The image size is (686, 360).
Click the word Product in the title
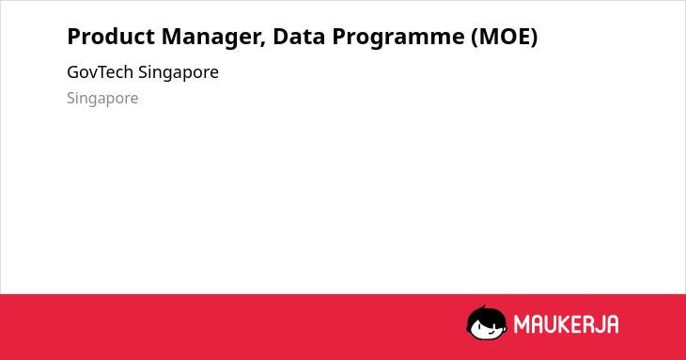111,37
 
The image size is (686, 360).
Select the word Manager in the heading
213,38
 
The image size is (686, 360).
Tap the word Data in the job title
299,37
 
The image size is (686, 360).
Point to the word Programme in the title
398,38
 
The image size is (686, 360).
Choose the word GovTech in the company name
101,72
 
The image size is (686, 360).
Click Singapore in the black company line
179,73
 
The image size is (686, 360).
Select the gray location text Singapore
102,99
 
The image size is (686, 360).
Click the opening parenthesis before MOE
476,38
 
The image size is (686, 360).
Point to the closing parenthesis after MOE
534,38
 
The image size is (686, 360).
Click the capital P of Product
74,37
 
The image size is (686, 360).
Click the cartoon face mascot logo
487,322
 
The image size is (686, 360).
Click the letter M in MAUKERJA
522,324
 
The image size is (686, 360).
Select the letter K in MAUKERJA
566,324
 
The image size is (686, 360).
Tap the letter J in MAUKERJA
598,324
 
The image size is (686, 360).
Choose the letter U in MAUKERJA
551,324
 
